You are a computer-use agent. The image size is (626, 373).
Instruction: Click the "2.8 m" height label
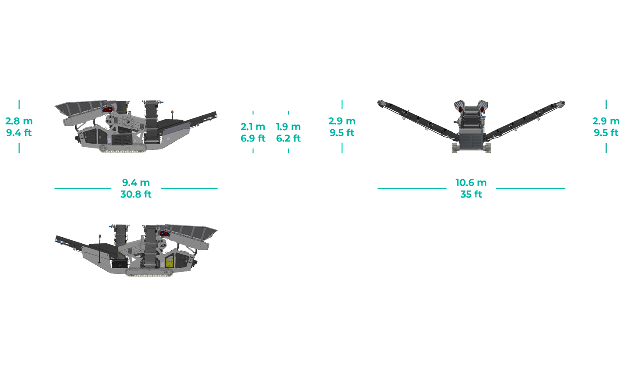click(x=19, y=121)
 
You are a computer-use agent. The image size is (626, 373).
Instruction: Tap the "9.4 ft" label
click(x=19, y=133)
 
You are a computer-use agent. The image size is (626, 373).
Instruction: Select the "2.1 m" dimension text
click(x=253, y=127)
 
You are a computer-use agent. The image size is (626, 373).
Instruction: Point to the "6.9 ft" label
click(x=253, y=138)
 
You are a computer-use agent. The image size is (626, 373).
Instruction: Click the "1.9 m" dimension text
click(x=288, y=127)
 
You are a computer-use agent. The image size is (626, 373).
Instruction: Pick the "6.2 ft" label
click(x=288, y=138)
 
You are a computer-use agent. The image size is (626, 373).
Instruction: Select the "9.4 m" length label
click(x=136, y=182)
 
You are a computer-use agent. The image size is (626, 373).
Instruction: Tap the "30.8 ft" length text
click(x=136, y=194)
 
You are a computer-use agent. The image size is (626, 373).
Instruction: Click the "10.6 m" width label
click(x=471, y=182)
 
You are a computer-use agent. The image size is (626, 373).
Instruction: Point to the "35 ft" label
click(x=471, y=194)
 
